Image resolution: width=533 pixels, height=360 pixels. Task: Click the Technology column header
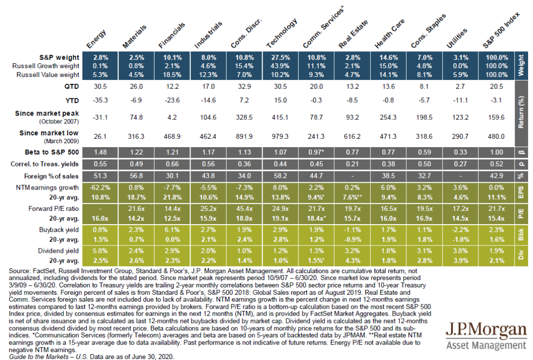[282, 34]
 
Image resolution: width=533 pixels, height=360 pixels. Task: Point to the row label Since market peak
[50, 114]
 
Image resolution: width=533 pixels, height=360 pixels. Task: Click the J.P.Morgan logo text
[486, 330]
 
